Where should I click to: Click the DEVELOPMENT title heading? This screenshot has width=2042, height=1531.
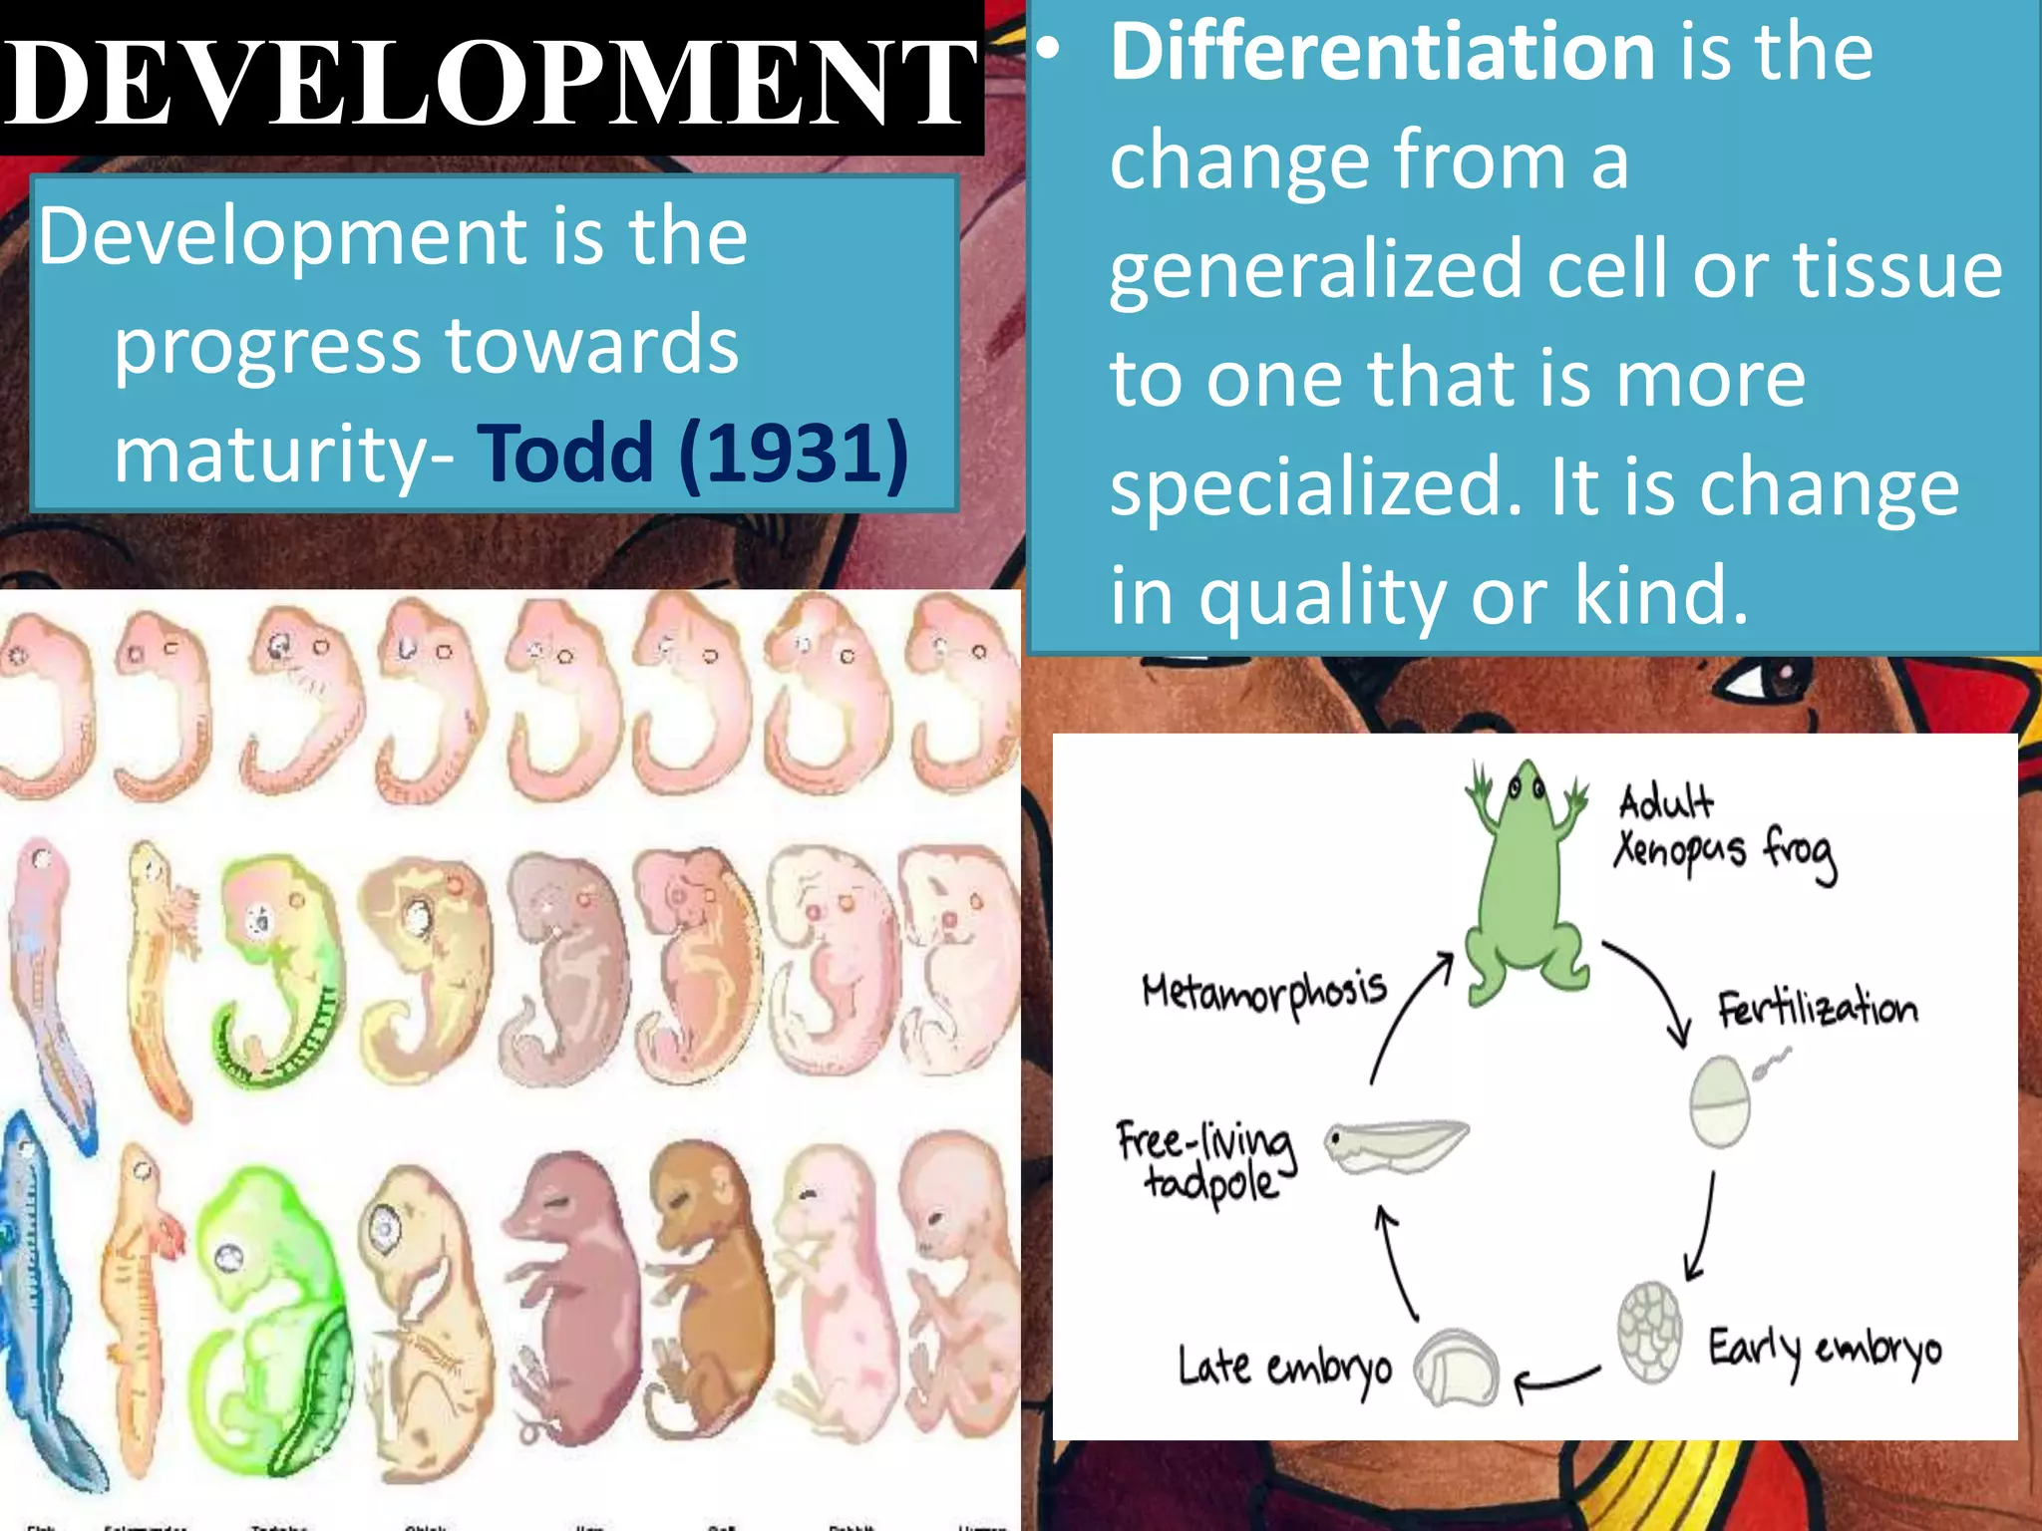coord(489,82)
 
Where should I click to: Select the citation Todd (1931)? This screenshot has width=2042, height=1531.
coord(693,454)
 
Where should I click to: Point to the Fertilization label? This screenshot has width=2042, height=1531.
coord(1817,1009)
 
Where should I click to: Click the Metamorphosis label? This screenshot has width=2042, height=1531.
coord(1264,992)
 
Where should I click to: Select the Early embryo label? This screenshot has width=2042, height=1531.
coord(1825,1351)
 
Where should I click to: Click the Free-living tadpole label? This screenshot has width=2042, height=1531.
coord(1206,1161)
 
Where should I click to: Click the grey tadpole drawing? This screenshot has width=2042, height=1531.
coord(1396,1146)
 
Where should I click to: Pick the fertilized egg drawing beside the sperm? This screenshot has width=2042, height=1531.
coord(1720,1101)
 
